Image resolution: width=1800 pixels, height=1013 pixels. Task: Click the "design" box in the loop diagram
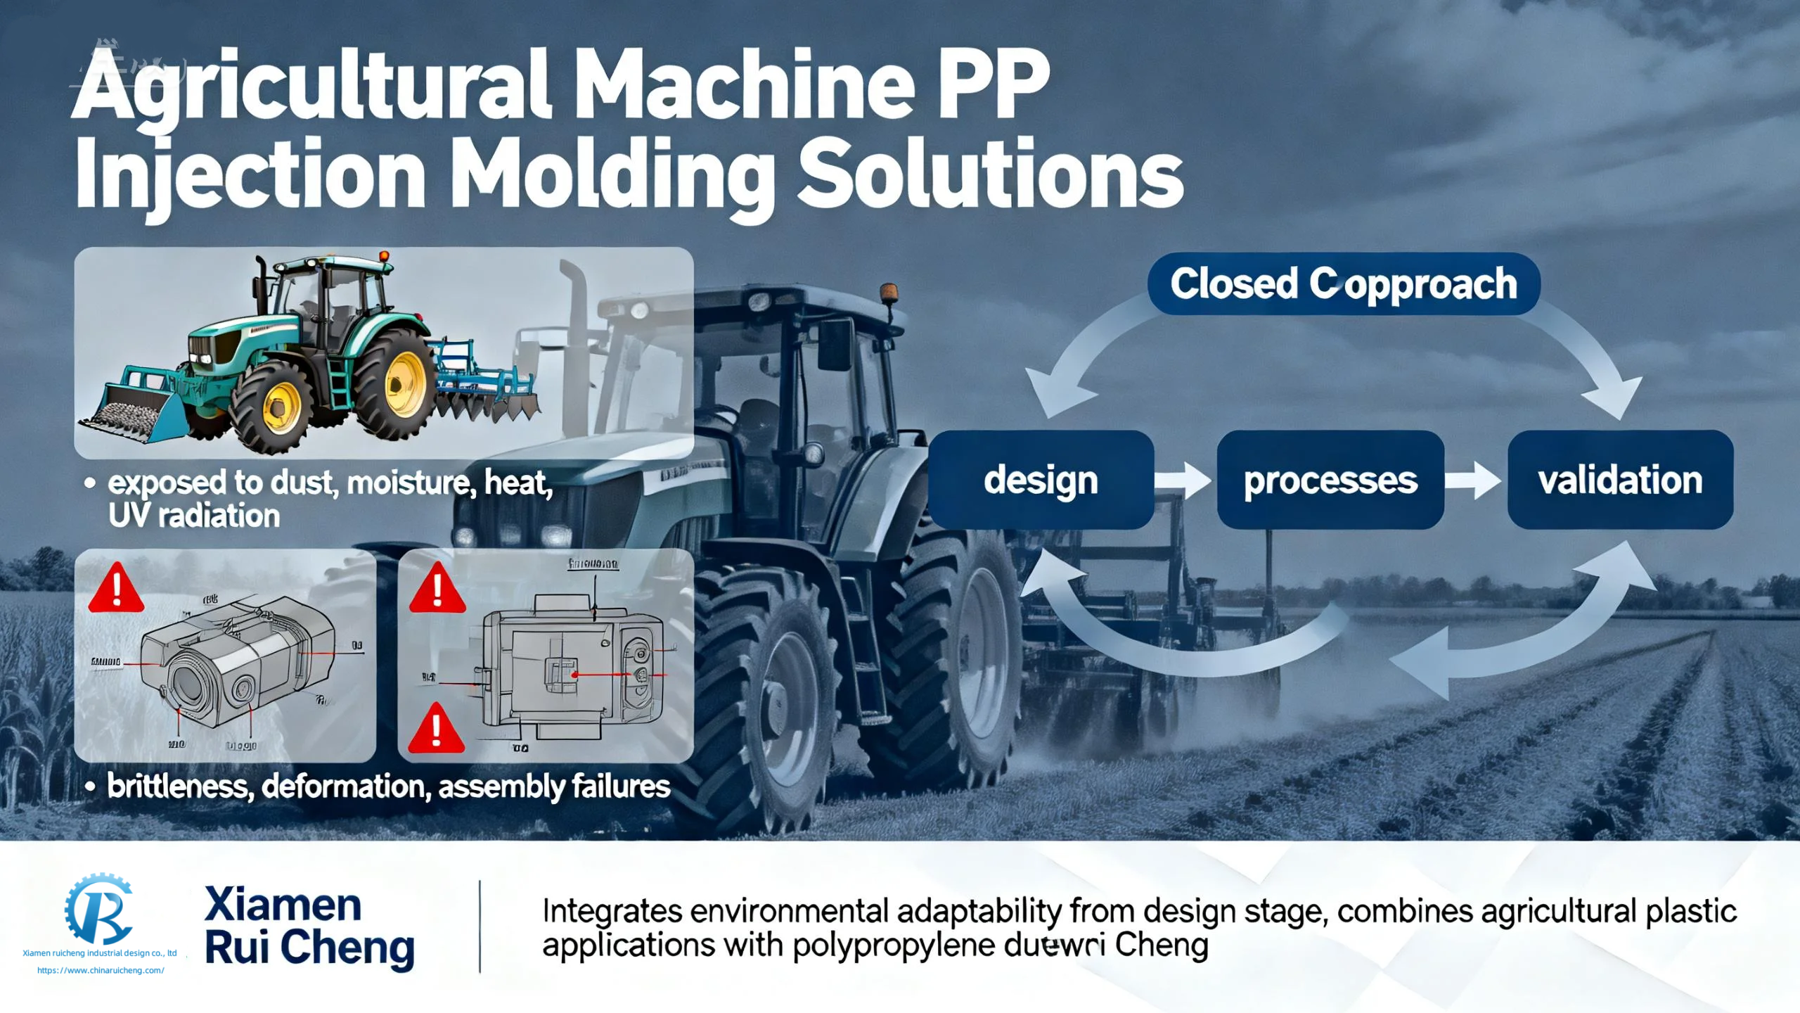[1041, 480]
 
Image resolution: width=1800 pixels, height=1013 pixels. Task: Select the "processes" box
[1330, 480]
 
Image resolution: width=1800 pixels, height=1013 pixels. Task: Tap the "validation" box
[1620, 480]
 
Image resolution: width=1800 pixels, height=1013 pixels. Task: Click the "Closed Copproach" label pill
[1344, 284]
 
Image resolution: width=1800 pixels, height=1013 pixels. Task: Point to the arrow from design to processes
[1185, 480]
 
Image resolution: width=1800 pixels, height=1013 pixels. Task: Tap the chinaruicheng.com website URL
[101, 970]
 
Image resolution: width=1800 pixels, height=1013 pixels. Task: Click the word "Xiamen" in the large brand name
[283, 905]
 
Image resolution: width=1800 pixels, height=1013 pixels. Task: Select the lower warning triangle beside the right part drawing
[436, 729]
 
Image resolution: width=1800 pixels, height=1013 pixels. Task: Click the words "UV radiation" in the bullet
[194, 516]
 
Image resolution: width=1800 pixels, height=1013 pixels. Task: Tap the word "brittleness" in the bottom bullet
[180, 786]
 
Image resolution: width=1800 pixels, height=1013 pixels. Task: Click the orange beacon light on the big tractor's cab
[889, 293]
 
